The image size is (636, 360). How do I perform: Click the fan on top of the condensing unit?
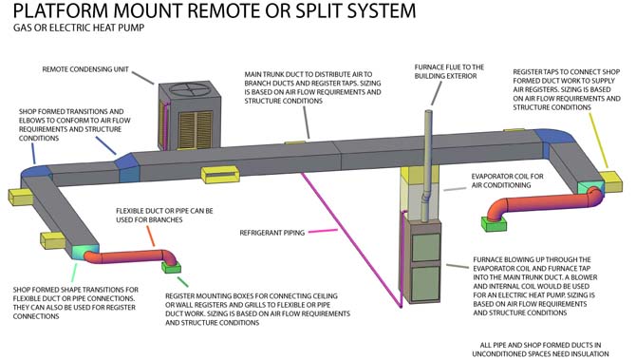pyautogui.click(x=190, y=89)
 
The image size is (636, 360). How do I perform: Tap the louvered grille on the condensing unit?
pyautogui.click(x=196, y=130)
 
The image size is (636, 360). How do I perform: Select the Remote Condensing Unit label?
pyautogui.click(x=85, y=69)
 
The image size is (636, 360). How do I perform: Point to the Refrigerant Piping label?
pyautogui.click(x=272, y=233)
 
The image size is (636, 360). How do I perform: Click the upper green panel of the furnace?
pyautogui.click(x=426, y=247)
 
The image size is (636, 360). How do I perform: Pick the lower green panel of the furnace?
pyautogui.click(x=426, y=284)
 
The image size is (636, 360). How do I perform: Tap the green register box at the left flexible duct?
pyautogui.click(x=171, y=268)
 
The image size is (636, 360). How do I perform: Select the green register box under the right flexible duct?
pyautogui.click(x=494, y=223)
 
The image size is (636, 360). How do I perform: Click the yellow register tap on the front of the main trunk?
pyautogui.click(x=220, y=174)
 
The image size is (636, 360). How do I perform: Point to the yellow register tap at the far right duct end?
pyautogui.click(x=611, y=181)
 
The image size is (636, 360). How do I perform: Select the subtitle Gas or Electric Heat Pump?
pyautogui.click(x=79, y=28)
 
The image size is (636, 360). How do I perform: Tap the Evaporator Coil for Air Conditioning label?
pyautogui.click(x=507, y=180)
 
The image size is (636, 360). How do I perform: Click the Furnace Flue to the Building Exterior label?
pyautogui.click(x=449, y=71)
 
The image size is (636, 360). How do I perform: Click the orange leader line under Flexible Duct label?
pyautogui.click(x=150, y=236)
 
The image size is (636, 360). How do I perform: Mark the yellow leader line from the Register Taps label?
pyautogui.click(x=599, y=141)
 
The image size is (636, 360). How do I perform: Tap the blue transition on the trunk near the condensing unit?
pyautogui.click(x=129, y=168)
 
